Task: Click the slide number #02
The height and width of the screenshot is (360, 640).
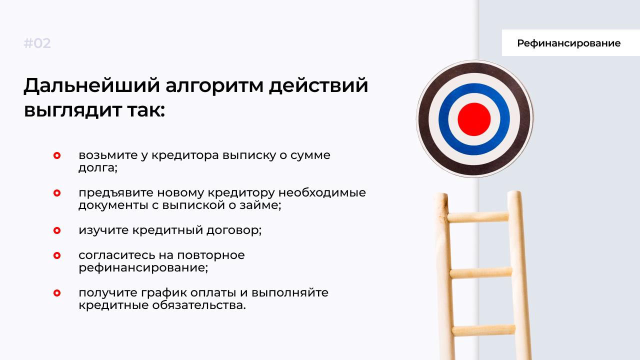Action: pos(37,43)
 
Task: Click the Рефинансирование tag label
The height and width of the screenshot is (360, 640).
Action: pos(568,43)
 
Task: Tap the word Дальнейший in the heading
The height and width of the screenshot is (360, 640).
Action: pos(91,85)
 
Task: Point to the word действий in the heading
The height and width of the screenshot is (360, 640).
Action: pos(318,85)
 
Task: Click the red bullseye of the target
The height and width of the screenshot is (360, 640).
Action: pos(474,119)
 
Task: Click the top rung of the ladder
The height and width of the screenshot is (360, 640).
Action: pos(477,217)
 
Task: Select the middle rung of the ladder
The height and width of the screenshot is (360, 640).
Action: pos(481,272)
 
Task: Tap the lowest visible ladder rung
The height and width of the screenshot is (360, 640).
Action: pos(483,330)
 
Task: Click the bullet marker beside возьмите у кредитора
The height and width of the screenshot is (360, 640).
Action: pos(57,155)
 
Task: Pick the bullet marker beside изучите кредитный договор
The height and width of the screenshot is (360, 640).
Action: pos(57,230)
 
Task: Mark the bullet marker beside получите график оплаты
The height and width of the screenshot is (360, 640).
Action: pos(57,293)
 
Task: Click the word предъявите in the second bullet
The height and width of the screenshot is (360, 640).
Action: pos(116,193)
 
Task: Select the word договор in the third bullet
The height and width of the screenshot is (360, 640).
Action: pos(233,230)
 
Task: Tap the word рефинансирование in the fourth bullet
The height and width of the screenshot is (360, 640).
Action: pos(143,268)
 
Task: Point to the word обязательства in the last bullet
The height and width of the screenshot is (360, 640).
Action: pos(198,305)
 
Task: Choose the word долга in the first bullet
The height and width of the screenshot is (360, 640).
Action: pos(97,168)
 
